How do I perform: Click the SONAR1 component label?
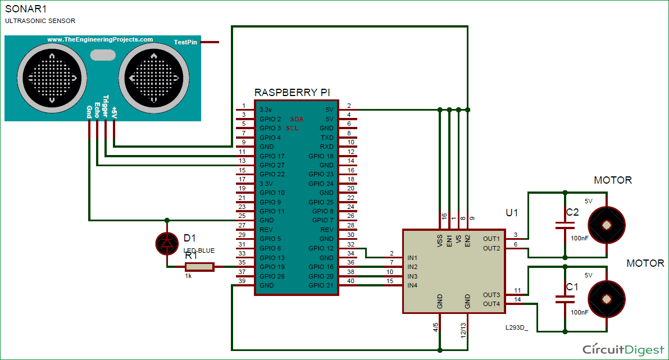click(x=25, y=8)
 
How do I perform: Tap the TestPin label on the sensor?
click(x=185, y=42)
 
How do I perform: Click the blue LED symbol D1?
click(x=166, y=243)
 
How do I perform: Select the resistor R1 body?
click(x=199, y=267)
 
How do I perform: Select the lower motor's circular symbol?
click(x=606, y=299)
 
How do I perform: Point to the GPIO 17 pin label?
click(x=272, y=156)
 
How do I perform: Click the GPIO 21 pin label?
click(x=321, y=285)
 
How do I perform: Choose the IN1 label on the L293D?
click(x=412, y=258)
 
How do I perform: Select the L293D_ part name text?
click(x=517, y=326)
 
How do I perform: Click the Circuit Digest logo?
click(x=622, y=349)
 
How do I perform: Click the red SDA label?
click(x=297, y=119)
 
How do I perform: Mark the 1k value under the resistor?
click(x=189, y=276)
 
